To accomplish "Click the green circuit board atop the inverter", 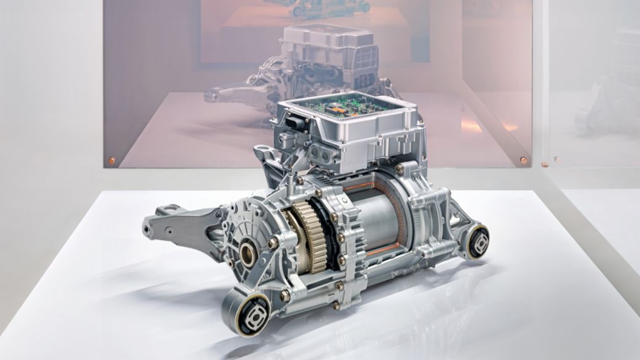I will (349, 106).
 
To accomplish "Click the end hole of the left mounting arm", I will (148, 229).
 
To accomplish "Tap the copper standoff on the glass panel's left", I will (111, 161).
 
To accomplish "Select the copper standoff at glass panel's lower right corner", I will (523, 160).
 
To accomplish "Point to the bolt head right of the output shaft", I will (271, 244).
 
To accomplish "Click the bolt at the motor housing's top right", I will (399, 168).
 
